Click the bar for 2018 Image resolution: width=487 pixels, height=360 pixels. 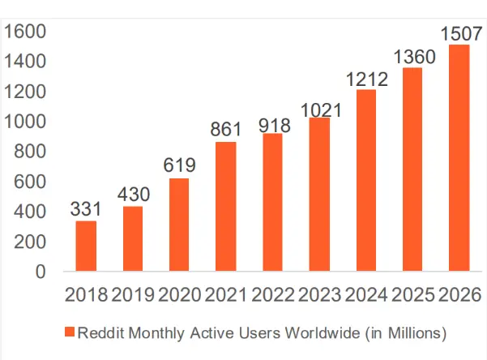(86, 246)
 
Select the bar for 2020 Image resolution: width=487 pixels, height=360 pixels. (179, 225)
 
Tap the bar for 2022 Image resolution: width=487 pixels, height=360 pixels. (272, 202)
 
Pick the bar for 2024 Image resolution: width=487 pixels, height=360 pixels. (365, 180)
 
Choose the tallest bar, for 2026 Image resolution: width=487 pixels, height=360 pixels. (459, 158)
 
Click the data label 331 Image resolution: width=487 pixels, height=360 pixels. (86, 209)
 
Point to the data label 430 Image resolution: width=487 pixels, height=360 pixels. (133, 195)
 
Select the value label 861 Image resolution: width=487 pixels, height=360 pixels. (226, 130)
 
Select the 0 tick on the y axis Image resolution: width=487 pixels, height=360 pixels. (41, 272)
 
